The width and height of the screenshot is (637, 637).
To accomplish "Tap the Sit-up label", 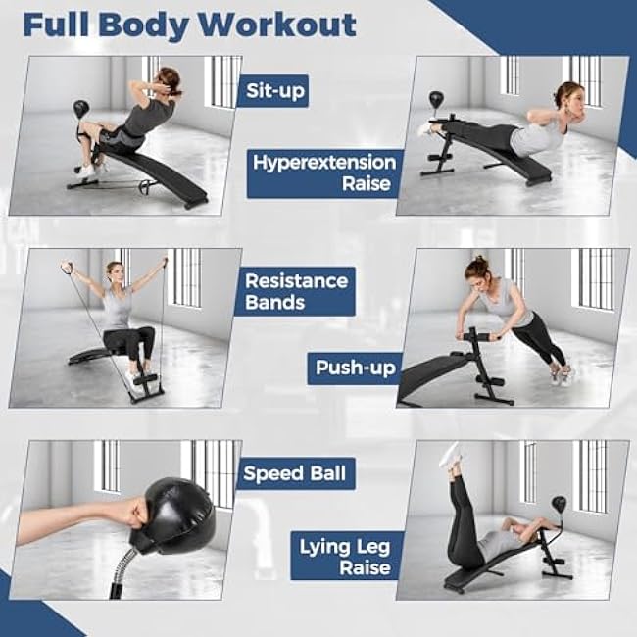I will tap(272, 92).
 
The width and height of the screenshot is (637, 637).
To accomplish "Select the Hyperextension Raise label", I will tap(324, 173).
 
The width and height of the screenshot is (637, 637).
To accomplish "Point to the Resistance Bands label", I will tap(296, 291).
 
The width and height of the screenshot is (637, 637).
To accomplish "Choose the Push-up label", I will tap(354, 368).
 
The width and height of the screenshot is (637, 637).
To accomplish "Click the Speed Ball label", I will tap(295, 473).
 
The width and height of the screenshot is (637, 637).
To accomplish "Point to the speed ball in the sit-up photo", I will tap(80, 109).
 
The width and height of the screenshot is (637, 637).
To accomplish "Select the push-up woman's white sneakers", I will tap(561, 375).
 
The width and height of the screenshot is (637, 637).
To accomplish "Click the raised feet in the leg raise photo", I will tap(450, 456).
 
